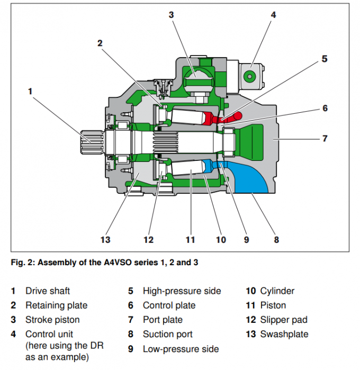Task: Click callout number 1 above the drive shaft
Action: (x=30, y=91)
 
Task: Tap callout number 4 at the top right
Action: (x=273, y=15)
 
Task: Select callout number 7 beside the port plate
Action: (x=325, y=139)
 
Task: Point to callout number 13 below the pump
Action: (x=105, y=240)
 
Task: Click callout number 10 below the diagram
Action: (x=221, y=240)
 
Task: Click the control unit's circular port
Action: (x=249, y=77)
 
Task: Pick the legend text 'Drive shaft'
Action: (x=48, y=291)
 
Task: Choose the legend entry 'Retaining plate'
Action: (x=56, y=305)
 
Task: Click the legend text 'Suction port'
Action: (x=167, y=334)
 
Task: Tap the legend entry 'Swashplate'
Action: (x=284, y=334)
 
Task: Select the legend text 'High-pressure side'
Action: (x=182, y=291)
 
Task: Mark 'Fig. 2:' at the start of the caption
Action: (x=23, y=262)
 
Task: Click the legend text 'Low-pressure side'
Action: (x=181, y=349)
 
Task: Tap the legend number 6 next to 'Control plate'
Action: (x=130, y=305)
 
